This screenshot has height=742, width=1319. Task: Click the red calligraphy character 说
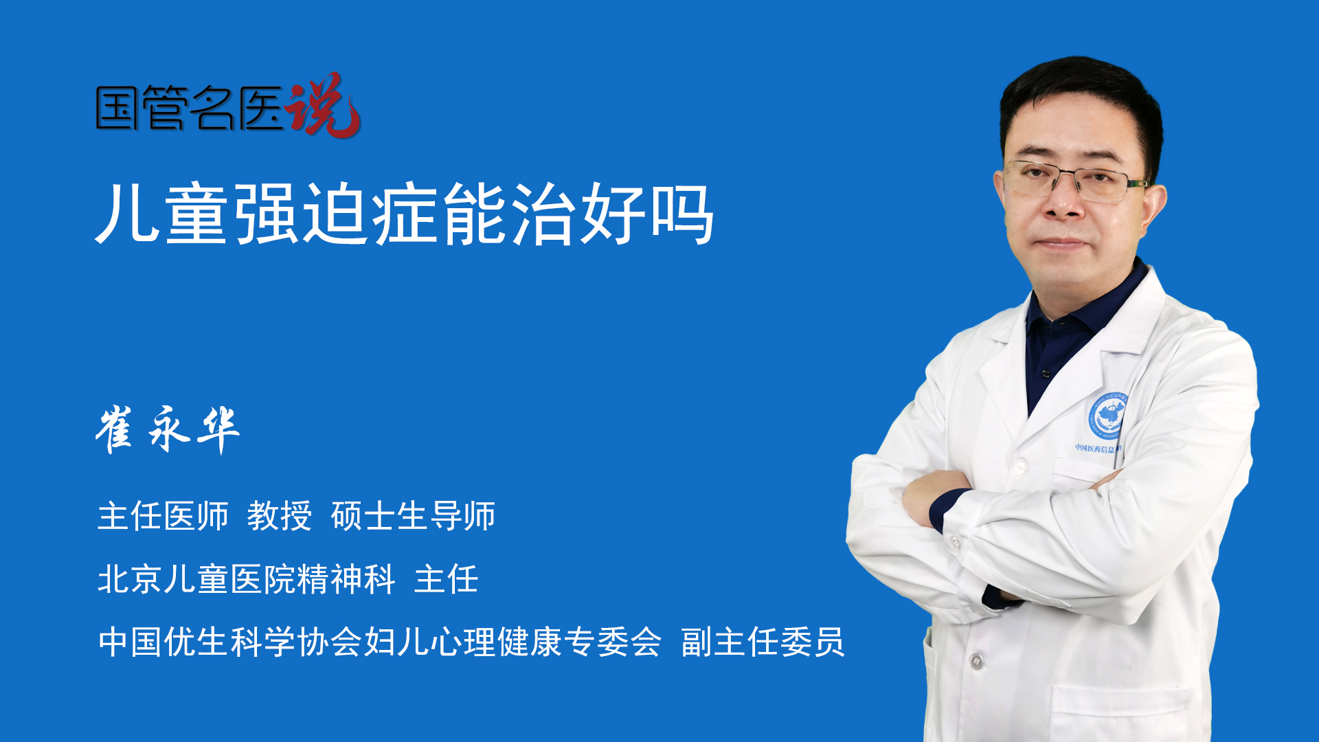click(322, 105)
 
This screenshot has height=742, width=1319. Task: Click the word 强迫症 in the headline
click(337, 214)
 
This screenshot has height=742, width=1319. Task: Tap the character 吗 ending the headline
click(681, 214)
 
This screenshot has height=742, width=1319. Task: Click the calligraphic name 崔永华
click(168, 429)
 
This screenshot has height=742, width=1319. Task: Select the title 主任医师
click(163, 516)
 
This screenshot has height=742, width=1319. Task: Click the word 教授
click(280, 516)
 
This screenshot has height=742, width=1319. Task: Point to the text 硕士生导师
click(413, 516)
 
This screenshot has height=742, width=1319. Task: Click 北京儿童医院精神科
click(247, 579)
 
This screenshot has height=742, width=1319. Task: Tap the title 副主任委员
click(763, 642)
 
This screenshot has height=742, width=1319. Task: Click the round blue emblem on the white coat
click(1106, 416)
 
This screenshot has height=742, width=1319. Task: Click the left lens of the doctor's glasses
click(1030, 179)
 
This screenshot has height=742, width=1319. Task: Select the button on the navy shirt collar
click(1046, 374)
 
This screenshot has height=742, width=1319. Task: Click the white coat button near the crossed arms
click(1021, 468)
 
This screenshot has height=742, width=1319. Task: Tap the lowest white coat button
click(976, 662)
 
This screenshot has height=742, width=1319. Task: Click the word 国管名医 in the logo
click(190, 108)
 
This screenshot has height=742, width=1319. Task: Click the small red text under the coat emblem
click(1098, 449)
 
